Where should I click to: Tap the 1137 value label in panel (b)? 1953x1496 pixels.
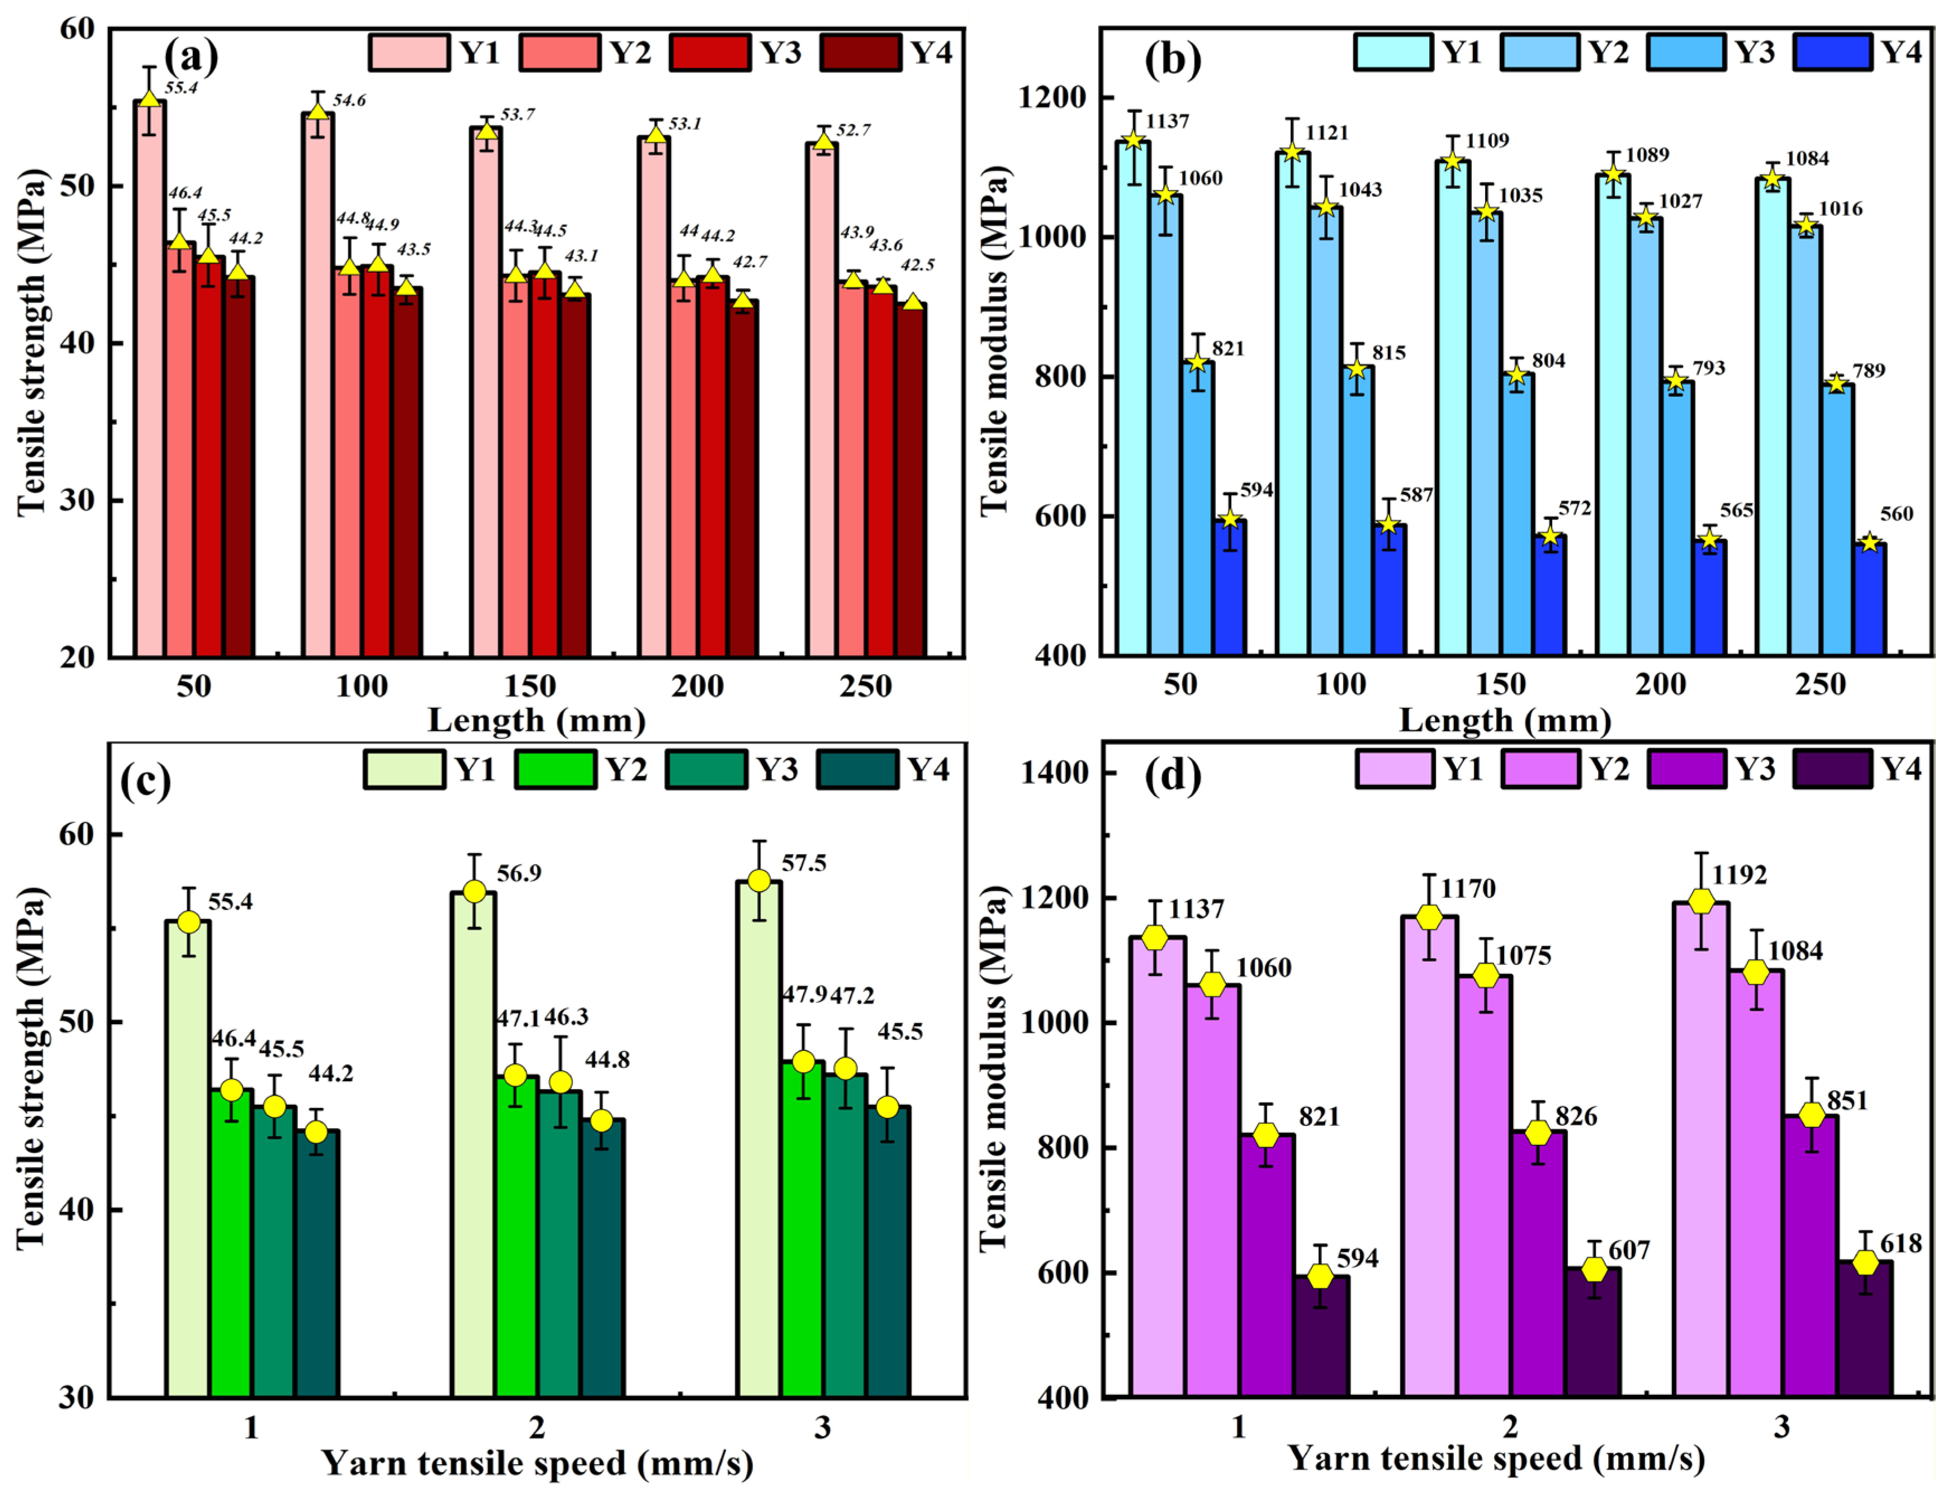(x=1167, y=121)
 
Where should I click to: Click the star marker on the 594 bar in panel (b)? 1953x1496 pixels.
(x=1229, y=518)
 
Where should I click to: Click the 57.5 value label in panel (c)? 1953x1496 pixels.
(x=804, y=863)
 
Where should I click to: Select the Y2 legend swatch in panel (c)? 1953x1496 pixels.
(x=556, y=769)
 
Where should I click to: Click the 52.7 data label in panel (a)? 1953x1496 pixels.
(x=854, y=130)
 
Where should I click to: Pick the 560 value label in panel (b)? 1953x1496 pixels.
(x=1896, y=514)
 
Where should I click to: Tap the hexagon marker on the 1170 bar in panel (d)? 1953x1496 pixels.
(x=1429, y=918)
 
